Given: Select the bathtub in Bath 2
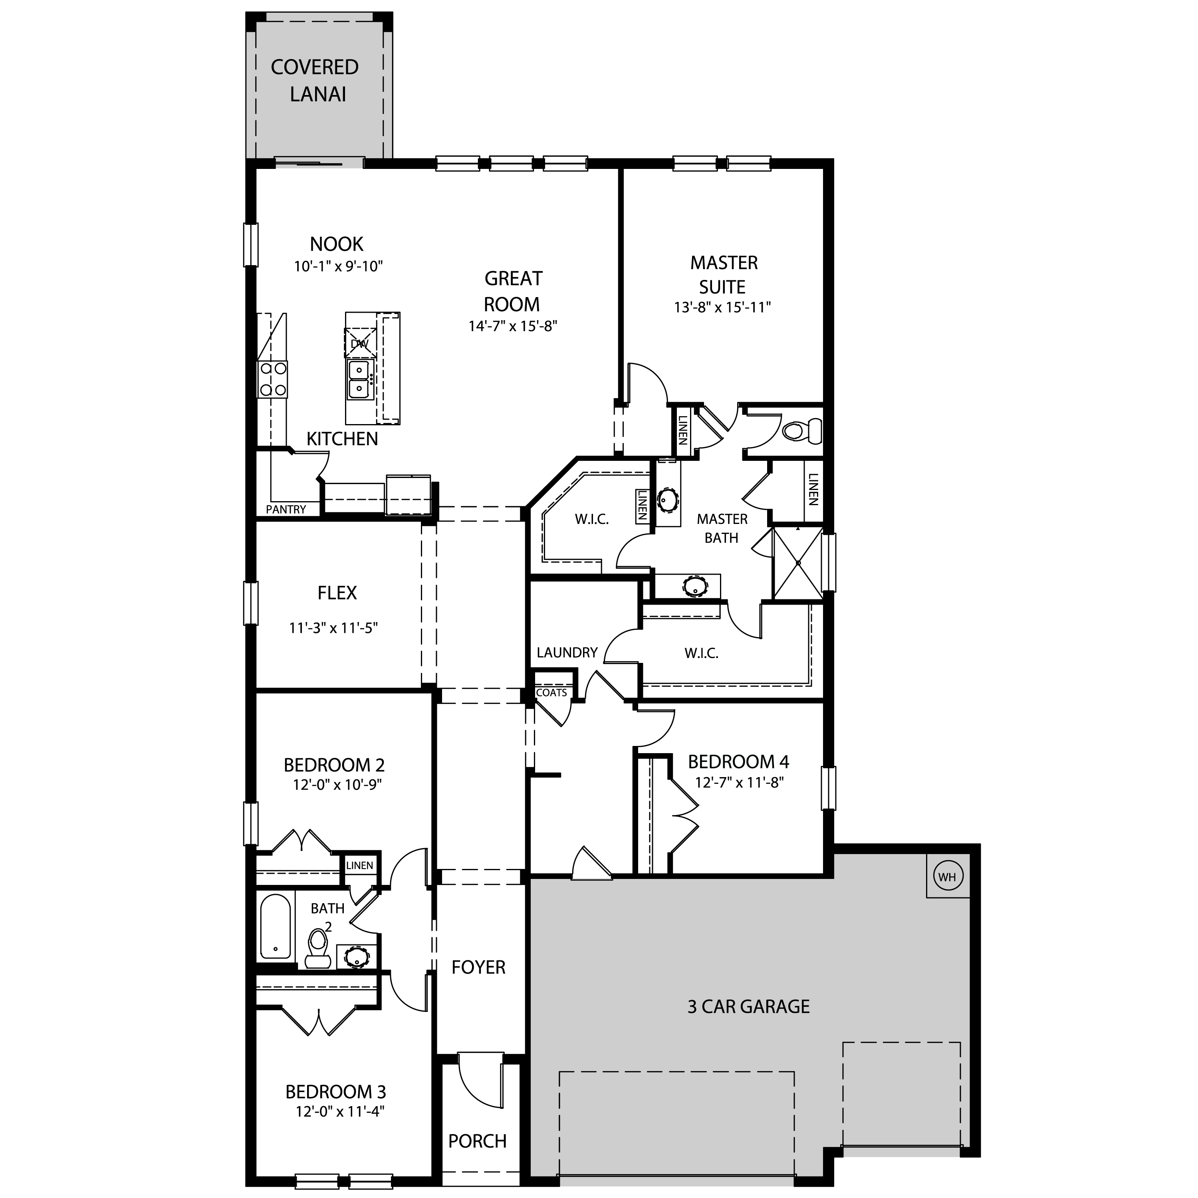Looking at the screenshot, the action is coord(275,927).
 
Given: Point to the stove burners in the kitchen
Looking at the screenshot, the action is coord(273,379).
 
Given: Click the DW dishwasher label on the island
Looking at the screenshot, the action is coord(360,343).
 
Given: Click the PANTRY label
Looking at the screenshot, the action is coord(286,509).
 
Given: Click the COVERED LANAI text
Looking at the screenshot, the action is coord(315,81).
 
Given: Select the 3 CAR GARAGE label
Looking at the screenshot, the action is coord(748,1006).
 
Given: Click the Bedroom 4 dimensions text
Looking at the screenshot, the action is coord(739,783).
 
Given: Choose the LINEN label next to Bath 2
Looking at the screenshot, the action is coord(360,866).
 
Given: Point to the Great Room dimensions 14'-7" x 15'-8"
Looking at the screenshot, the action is coord(513,326).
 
